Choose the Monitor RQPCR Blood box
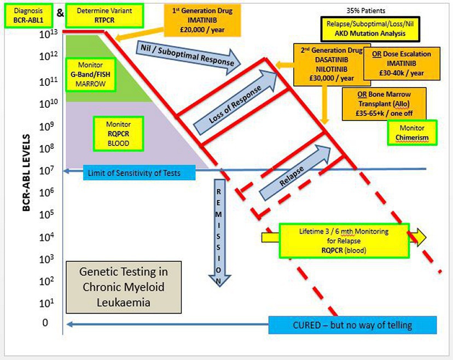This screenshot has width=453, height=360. click(118, 133)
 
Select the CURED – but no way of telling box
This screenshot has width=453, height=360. click(353, 325)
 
